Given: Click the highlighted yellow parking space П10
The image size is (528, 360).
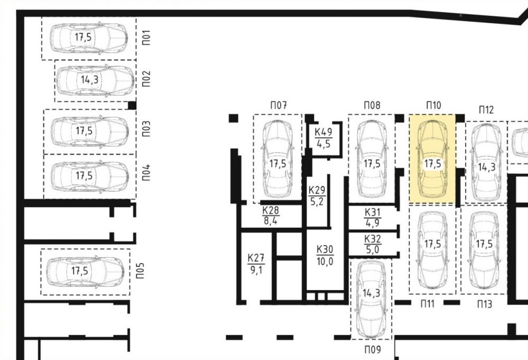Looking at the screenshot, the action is tap(432, 159).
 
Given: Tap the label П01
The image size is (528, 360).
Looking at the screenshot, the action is tap(146, 38).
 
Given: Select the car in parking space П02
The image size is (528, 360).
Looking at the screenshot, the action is tap(95, 80).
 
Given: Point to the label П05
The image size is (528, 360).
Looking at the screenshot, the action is tap(140, 271).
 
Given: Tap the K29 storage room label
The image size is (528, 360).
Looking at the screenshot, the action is tap(317, 190).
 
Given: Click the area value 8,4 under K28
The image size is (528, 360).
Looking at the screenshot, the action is tap(271, 221).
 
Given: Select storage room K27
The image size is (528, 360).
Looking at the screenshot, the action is tap(256, 264).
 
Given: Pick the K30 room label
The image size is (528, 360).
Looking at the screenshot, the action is tap(325, 250).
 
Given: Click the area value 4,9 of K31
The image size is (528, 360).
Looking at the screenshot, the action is tap(372, 223).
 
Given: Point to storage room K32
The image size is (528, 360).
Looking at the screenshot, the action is tap(372, 244).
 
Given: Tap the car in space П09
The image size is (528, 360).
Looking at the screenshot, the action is tap(371, 299).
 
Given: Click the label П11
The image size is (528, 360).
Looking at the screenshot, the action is tap(428, 304).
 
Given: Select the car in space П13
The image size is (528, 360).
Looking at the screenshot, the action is tap(484, 250).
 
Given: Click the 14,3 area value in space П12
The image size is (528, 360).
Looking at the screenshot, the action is tap(487, 167).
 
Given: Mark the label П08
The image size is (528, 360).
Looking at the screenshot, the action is tap(372, 105).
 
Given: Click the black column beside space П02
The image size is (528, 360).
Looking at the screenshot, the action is tap(132, 105).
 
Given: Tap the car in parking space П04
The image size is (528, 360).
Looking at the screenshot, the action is tap(90, 177).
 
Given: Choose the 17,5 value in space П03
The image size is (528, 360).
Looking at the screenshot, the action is tap(84, 131).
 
